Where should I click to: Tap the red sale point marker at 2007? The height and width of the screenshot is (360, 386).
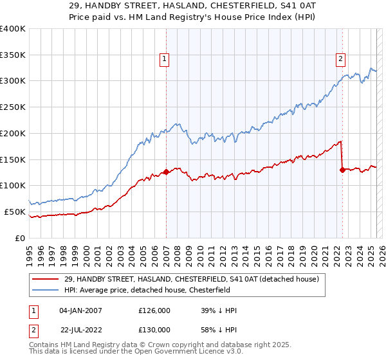click(166, 172)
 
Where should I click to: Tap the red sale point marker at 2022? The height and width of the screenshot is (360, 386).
click(342, 170)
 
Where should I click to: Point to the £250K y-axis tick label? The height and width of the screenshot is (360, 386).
click(13, 107)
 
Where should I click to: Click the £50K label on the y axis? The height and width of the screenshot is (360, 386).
click(15, 212)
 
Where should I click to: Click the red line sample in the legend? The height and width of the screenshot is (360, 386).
click(46, 279)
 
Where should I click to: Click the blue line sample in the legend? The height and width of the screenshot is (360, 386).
click(46, 290)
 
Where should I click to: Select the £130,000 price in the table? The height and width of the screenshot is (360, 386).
click(154, 330)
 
